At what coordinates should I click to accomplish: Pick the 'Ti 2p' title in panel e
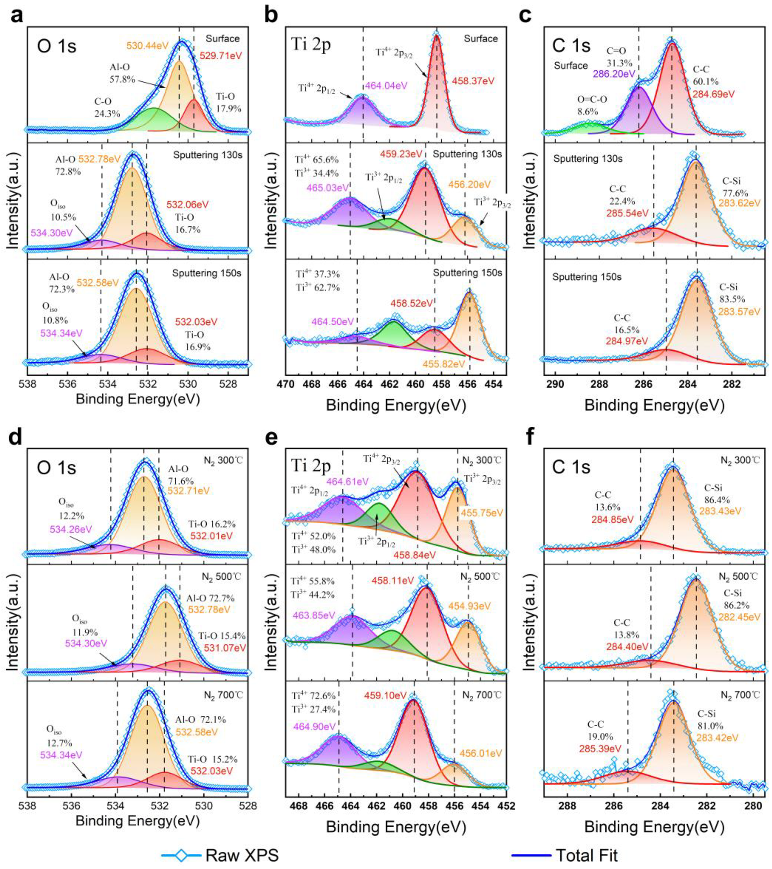[311, 466]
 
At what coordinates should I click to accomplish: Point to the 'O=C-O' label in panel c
[592, 99]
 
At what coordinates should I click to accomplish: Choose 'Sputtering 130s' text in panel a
[207, 155]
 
